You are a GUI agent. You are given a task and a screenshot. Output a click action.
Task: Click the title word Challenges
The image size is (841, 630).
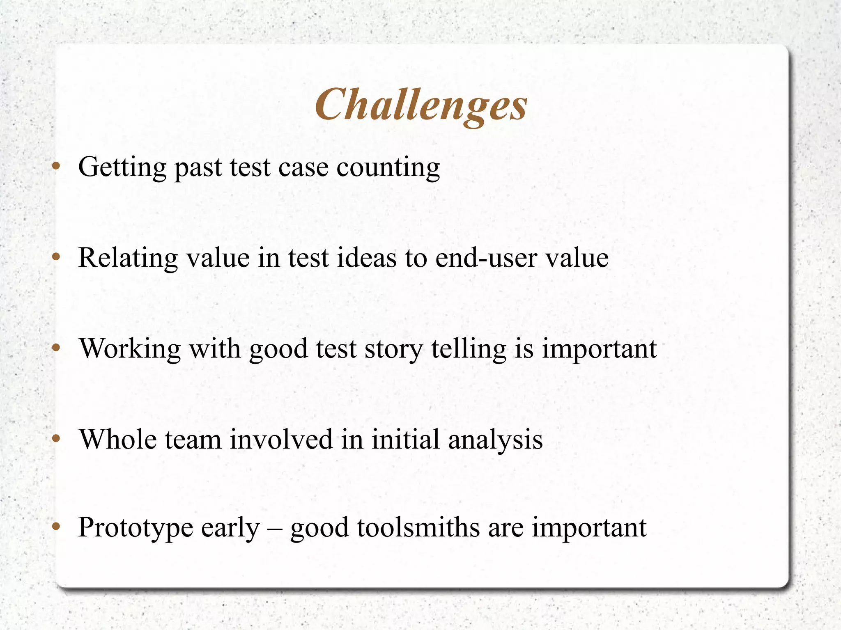click(421, 105)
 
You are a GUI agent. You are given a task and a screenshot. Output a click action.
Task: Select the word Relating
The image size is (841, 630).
click(128, 259)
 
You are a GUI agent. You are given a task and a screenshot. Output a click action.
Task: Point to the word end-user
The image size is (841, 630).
click(486, 259)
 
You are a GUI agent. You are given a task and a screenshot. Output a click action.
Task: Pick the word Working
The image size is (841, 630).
click(130, 349)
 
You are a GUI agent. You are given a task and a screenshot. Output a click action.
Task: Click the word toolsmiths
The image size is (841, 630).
click(418, 527)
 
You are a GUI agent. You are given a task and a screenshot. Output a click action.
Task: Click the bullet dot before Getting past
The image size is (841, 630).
click(57, 167)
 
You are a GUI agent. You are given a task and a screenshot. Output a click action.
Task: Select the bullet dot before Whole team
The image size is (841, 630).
click(57, 439)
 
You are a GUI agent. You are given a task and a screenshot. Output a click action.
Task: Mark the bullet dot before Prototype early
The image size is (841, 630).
click(57, 526)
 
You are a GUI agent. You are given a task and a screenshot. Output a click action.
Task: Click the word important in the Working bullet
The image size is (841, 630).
click(599, 349)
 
